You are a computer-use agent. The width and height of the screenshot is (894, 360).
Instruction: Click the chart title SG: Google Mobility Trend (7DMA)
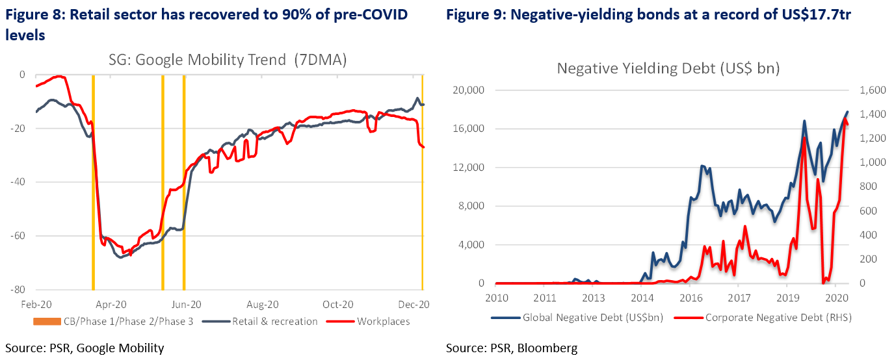[x=227, y=60]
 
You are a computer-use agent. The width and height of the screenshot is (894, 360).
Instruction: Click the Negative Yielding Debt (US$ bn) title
[x=668, y=68]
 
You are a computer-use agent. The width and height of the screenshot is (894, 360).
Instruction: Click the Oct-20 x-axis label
[x=338, y=303]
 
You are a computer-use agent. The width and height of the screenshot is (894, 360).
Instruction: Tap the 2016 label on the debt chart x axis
[x=690, y=298]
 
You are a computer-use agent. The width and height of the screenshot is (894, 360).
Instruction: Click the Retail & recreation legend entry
[x=276, y=321]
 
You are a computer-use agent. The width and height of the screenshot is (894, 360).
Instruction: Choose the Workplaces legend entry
[x=384, y=321]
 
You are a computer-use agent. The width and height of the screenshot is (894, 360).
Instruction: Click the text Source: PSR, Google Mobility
[x=85, y=348]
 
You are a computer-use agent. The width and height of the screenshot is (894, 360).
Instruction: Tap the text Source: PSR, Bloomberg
[x=511, y=348]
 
